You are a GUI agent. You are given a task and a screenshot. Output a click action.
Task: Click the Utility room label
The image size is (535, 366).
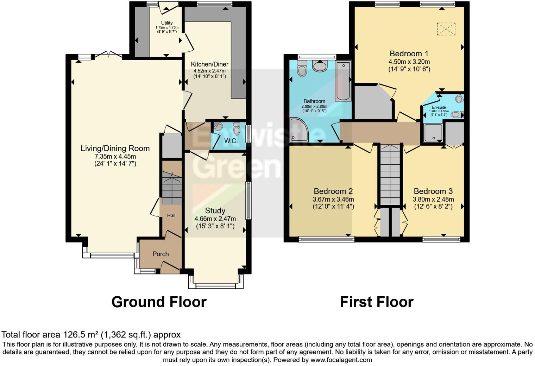click(x=167, y=23)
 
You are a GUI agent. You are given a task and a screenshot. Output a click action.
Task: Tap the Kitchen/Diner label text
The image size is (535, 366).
click(x=209, y=64)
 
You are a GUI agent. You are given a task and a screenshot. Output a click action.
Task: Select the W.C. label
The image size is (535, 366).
click(x=231, y=141)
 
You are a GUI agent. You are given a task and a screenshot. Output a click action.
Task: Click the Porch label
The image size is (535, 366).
click(x=160, y=254)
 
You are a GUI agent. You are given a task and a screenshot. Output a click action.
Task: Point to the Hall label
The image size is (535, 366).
click(x=171, y=215)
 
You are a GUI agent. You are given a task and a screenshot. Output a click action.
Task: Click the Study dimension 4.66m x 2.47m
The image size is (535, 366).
click(x=215, y=219)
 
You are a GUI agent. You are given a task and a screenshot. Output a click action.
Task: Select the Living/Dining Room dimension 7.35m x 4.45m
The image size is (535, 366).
click(x=115, y=156)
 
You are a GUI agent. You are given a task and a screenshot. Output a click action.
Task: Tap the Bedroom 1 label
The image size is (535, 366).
click(x=409, y=54)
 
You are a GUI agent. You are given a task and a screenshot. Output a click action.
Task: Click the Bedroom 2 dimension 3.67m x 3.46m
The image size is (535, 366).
click(x=333, y=199)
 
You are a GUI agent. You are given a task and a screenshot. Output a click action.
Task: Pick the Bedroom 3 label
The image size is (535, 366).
click(x=433, y=191)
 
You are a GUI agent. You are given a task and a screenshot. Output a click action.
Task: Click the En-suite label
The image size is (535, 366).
click(x=439, y=107)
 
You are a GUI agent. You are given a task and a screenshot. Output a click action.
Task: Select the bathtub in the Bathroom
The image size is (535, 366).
click(x=343, y=81)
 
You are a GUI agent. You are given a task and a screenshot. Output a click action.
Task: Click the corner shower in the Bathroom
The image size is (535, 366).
click(x=299, y=130)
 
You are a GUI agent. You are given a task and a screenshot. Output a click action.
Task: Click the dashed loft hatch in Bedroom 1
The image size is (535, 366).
click(x=446, y=29)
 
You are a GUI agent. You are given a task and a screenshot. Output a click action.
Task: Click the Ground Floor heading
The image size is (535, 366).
click(x=159, y=302)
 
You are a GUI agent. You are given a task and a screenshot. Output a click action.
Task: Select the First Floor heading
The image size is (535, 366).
click(x=376, y=302)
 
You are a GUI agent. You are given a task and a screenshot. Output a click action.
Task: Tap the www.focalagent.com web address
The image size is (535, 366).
click(x=341, y=360)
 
